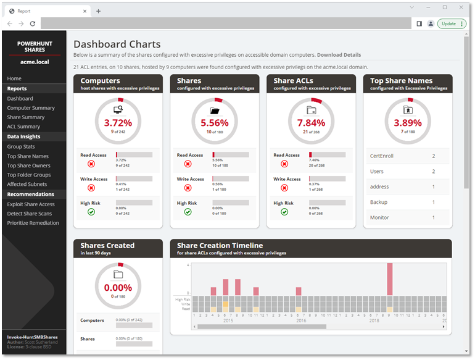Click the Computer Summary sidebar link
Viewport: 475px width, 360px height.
point(31,108)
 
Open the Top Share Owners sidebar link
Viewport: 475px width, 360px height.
point(29,165)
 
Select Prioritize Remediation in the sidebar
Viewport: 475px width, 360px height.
point(33,223)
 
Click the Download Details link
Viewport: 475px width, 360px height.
point(339,55)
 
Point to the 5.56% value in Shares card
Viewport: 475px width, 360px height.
point(214,122)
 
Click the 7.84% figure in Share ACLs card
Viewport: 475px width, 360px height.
point(311,122)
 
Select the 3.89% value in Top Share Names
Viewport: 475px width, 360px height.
point(407,122)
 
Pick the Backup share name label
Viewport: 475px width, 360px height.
point(379,203)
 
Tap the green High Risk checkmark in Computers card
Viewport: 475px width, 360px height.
point(91,212)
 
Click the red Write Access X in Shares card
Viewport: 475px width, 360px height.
point(188,188)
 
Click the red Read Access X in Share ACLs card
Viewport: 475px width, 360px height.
point(284,164)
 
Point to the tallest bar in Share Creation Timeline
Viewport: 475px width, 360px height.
point(389,279)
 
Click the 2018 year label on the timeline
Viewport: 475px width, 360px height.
point(374,320)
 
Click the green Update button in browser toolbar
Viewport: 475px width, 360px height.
point(452,23)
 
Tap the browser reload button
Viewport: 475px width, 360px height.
point(32,23)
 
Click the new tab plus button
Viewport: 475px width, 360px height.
point(98,10)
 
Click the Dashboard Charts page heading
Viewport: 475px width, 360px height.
point(117,44)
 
